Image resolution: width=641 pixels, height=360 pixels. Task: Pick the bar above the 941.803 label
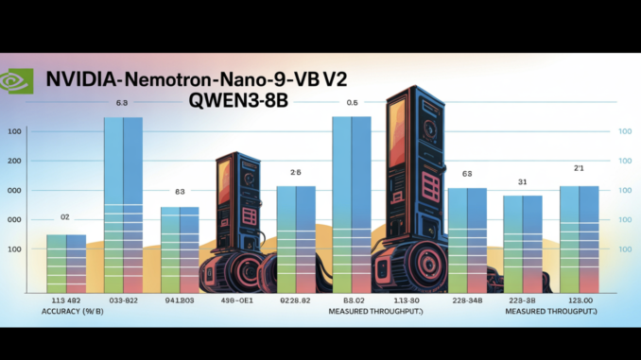click(x=180, y=249)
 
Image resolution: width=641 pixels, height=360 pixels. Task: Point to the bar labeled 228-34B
click(x=466, y=240)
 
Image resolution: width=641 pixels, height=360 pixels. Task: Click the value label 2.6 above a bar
click(x=295, y=173)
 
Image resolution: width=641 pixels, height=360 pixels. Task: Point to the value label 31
click(x=522, y=181)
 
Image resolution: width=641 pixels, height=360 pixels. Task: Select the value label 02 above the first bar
click(x=65, y=218)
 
